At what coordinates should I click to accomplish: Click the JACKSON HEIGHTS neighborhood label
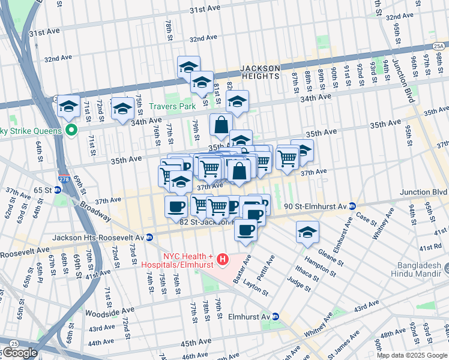260,72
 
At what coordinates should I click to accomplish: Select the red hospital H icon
223,260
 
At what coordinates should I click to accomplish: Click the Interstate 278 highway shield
64,178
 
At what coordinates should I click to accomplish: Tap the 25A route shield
439,46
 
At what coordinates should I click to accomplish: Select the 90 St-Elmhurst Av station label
316,206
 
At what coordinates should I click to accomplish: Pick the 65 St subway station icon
58,190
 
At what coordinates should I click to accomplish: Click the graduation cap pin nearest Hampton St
307,231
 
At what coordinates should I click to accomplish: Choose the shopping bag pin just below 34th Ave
221,124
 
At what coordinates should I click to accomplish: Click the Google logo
20,353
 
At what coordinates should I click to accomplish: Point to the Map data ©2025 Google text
412,356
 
